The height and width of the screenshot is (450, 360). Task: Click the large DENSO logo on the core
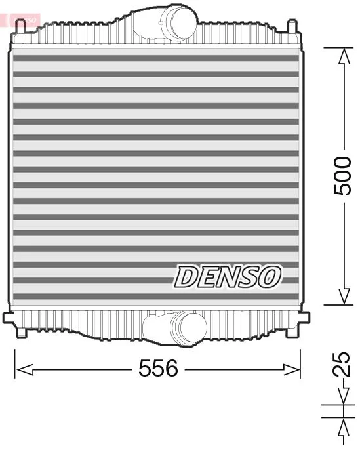pyautogui.click(x=227, y=277)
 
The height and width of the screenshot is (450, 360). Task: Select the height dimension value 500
pyautogui.click(x=342, y=176)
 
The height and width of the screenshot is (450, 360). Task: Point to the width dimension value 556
pyautogui.click(x=158, y=369)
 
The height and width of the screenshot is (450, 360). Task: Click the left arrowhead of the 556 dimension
pyautogui.click(x=23, y=369)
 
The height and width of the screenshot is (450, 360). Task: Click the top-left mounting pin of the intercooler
pyautogui.click(x=20, y=27)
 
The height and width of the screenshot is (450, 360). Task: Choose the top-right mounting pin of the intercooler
pyautogui.click(x=292, y=27)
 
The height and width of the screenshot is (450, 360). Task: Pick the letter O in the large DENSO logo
pyautogui.click(x=269, y=277)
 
